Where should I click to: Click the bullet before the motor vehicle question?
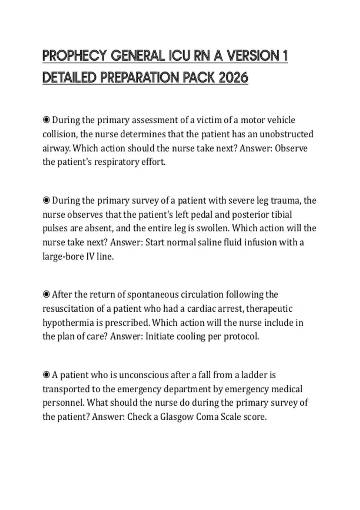pyautogui.click(x=46, y=120)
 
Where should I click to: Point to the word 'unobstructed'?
pyautogui.click(x=286, y=134)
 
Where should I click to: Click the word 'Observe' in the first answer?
pyautogui.click(x=291, y=148)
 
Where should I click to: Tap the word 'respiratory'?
pyautogui.click(x=116, y=162)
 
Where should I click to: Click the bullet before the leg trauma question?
pyautogui.click(x=46, y=200)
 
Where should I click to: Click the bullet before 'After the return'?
pyautogui.click(x=46, y=295)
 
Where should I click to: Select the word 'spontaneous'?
pyautogui.click(x=153, y=295)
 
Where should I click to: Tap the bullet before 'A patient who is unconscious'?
pyautogui.click(x=46, y=375)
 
